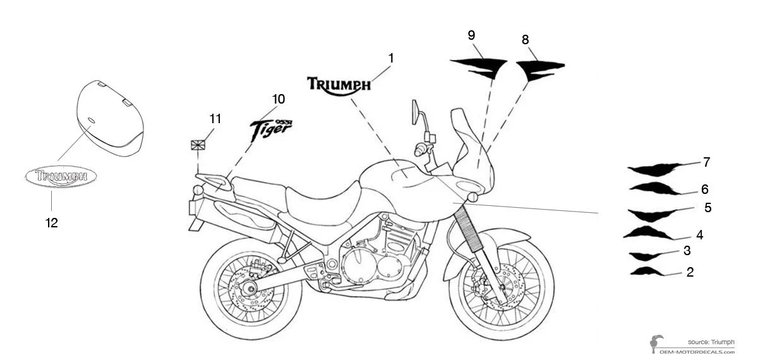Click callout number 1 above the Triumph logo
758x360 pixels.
(x=391, y=58)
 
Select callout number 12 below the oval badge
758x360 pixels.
(x=51, y=222)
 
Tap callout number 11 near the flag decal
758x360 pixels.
(x=215, y=118)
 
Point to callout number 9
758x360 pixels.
(x=471, y=35)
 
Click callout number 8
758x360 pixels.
(x=526, y=39)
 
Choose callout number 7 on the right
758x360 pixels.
(x=706, y=162)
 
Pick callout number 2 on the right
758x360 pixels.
(x=690, y=272)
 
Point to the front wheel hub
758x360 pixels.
(x=500, y=288)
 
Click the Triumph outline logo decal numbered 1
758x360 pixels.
(x=339, y=86)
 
